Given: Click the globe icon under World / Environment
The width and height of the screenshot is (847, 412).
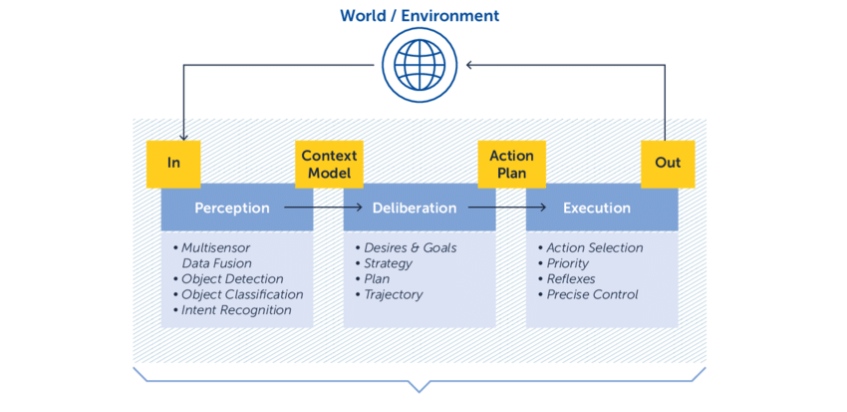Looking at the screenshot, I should [420, 65].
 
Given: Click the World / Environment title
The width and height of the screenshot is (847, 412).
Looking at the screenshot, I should [420, 16].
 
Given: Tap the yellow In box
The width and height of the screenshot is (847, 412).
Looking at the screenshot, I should [173, 163].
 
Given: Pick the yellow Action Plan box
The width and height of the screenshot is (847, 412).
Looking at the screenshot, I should [511, 164].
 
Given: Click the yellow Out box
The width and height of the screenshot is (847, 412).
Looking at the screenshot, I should [668, 163].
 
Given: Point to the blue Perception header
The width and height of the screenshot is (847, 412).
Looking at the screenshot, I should [232, 208].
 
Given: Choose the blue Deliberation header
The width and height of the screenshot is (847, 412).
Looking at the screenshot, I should [415, 208].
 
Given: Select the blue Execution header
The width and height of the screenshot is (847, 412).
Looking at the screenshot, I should [597, 208].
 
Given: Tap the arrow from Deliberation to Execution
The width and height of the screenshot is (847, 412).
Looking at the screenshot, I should [508, 207].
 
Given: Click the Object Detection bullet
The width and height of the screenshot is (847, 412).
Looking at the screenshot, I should [232, 279].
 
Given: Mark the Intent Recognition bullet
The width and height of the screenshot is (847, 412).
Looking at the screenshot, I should [236, 310].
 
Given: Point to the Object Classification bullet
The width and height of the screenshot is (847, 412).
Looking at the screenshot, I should [242, 294].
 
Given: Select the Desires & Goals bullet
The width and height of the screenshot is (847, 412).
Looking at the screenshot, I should [410, 247].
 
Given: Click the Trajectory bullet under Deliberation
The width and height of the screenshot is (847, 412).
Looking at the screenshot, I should [393, 294].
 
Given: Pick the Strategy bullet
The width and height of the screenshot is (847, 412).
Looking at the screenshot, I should [388, 263].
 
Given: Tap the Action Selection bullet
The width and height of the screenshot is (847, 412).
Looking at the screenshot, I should [595, 247].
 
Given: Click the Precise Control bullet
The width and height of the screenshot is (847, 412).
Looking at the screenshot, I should [592, 294].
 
